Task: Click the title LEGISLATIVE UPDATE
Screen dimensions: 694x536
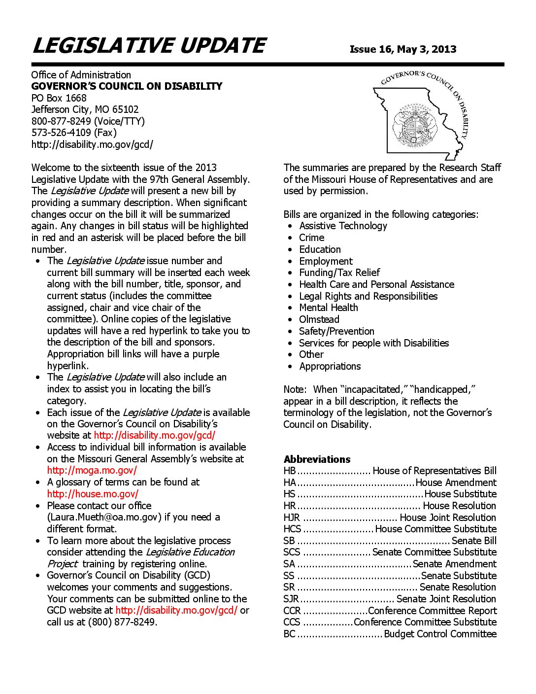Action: (149, 46)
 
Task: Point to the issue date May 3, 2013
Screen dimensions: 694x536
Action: (426, 49)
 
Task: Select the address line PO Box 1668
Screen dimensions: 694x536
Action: (59, 98)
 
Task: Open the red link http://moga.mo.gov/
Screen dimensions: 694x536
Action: (92, 470)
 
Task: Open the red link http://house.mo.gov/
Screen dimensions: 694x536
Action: (93, 493)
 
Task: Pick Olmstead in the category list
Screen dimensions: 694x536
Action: (319, 319)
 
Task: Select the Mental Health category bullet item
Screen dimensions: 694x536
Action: (328, 308)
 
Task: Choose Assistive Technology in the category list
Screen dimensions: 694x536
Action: (343, 226)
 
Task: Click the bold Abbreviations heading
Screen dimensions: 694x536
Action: (317, 459)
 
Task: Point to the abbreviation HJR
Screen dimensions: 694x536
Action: (291, 518)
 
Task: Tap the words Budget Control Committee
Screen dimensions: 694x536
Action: (440, 634)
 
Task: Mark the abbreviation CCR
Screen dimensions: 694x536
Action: (292, 611)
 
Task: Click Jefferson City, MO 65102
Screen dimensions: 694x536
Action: (85, 109)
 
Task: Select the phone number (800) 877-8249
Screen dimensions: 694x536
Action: (122, 622)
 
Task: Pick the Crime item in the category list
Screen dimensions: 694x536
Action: (311, 238)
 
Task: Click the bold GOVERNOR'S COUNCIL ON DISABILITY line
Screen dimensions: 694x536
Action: (127, 86)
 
